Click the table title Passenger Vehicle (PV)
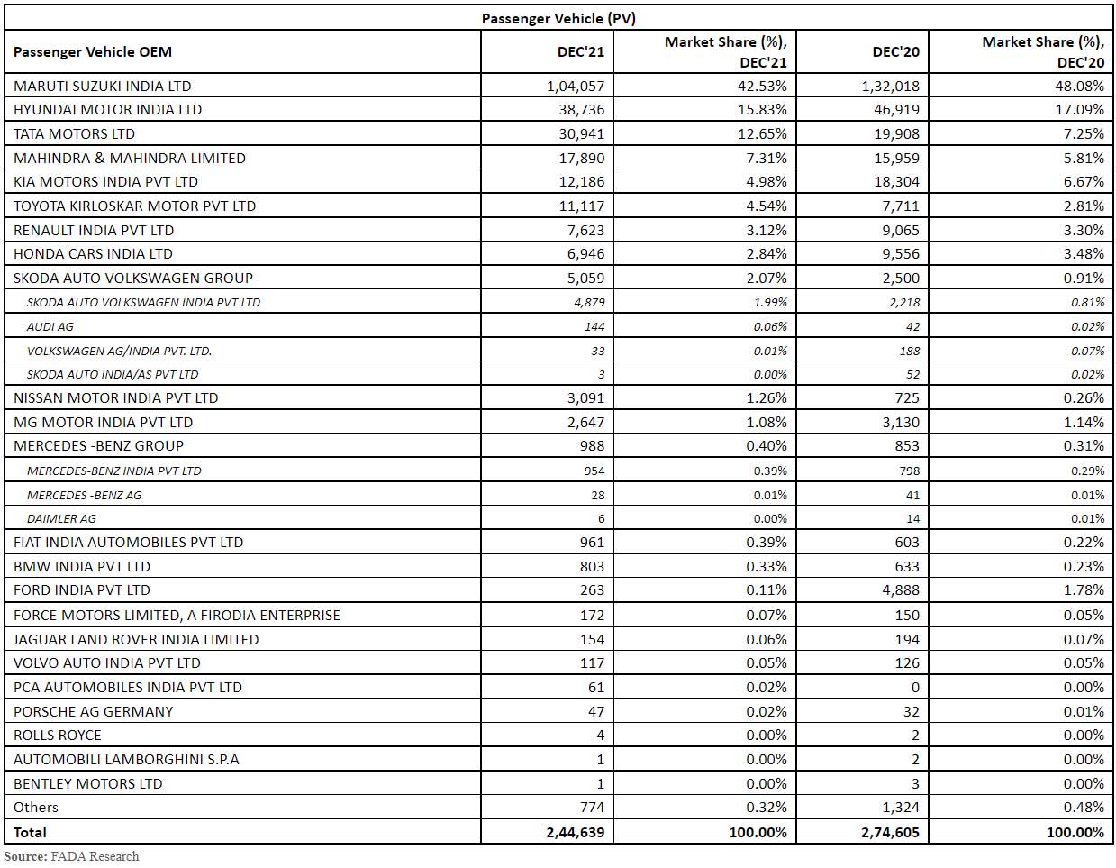558,18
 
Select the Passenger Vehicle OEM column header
93,52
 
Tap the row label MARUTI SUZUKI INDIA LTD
103,87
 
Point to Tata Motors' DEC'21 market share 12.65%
759,134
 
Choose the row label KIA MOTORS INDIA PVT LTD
105,182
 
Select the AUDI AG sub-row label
50,326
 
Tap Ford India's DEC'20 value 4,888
899,590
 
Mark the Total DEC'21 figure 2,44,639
575,833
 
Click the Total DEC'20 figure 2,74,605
889,833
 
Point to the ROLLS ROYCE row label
58,736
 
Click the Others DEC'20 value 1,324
899,808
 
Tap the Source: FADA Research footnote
72,856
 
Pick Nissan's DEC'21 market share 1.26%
763,398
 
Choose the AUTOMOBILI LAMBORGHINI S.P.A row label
126,760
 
